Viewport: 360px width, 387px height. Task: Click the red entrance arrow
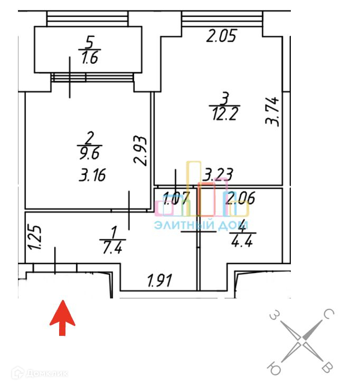62,317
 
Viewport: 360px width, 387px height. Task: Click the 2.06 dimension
239,199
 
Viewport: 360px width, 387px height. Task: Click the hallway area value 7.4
112,246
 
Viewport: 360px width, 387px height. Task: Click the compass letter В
328,366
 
